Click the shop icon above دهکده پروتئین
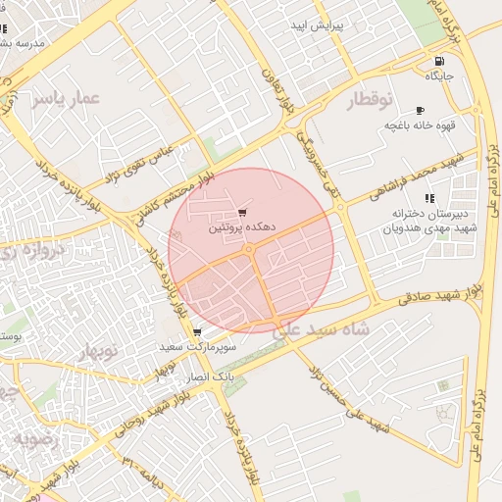point(243,212)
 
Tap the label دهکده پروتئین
point(241,226)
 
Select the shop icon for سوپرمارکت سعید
point(198,333)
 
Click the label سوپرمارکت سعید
point(199,348)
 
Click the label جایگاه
point(437,75)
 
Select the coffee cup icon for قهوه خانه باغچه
point(421,111)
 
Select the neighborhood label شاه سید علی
point(322,330)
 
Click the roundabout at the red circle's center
point(250,250)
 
